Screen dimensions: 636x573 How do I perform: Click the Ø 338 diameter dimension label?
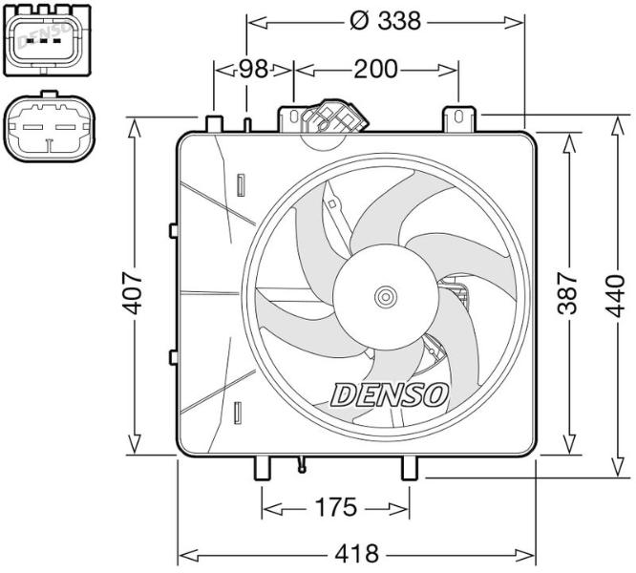(385, 21)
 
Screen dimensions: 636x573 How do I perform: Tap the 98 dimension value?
(253, 70)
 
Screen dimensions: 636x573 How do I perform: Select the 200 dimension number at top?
(375, 70)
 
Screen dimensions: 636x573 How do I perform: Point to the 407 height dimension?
(133, 293)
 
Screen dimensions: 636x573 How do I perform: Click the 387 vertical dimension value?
(567, 293)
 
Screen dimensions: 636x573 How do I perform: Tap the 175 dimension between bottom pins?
(336, 507)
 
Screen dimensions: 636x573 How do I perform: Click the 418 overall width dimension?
(356, 553)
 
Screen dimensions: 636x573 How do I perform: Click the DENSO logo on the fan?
(390, 394)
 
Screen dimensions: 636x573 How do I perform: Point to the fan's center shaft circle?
(385, 297)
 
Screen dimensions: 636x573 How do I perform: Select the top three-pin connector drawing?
(47, 40)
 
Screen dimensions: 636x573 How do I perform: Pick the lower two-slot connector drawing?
(49, 126)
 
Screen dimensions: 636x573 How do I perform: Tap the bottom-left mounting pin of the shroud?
(262, 468)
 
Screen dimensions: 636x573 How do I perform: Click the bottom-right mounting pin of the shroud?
(410, 468)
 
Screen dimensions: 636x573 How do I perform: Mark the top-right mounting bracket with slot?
(458, 118)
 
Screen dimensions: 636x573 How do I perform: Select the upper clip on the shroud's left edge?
(174, 231)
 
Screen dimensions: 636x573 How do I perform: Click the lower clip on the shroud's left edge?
(174, 357)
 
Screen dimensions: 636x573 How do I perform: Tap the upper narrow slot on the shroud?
(242, 185)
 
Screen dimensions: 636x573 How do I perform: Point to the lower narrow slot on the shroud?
(239, 413)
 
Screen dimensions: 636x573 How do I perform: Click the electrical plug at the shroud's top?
(334, 117)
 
